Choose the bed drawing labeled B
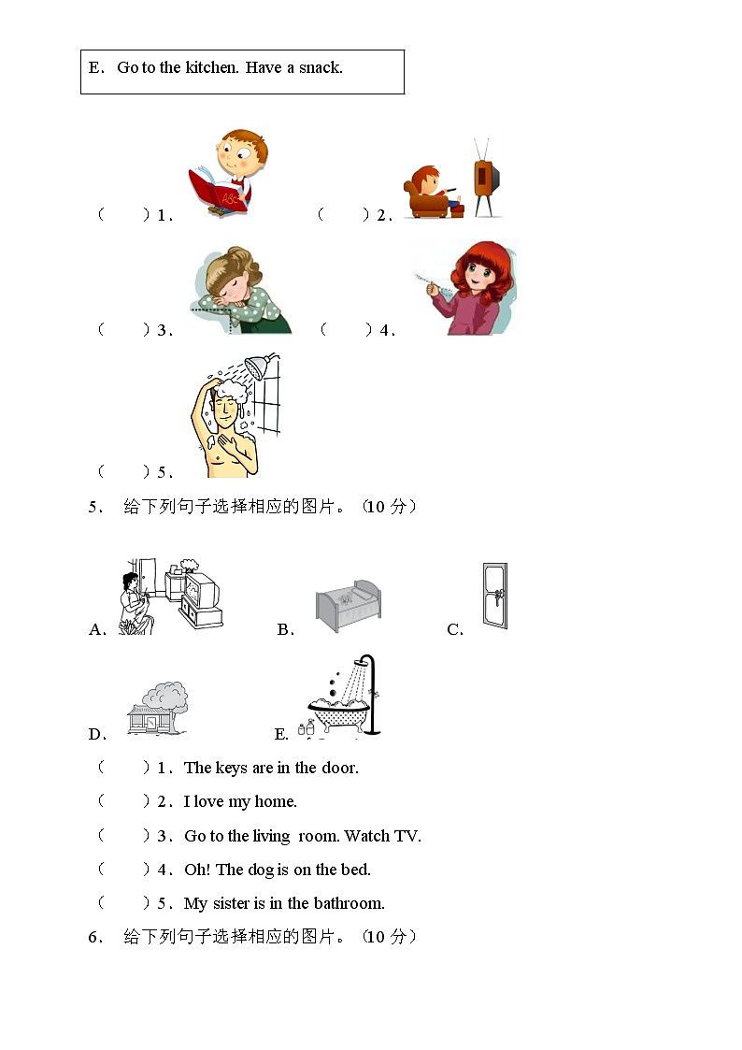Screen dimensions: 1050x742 (348, 606)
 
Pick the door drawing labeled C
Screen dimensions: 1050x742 (494, 595)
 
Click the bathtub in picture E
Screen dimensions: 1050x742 (336, 718)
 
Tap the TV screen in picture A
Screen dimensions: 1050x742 (201, 592)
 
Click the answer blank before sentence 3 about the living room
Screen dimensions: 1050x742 (122, 836)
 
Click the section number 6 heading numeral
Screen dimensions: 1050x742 (93, 937)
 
